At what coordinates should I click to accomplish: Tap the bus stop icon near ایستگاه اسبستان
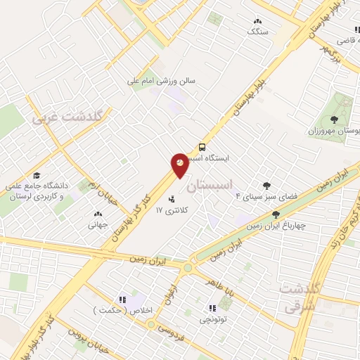coord(202,148)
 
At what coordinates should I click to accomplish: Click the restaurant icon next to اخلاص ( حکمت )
coord(122,299)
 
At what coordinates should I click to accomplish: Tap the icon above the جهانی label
coord(96,214)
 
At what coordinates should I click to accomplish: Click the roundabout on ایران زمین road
coord(188,267)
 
